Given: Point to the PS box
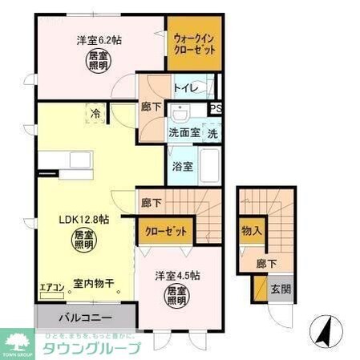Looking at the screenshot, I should (215, 110).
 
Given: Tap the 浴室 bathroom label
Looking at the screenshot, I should (182, 167).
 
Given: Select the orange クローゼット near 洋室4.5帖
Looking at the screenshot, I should (166, 232).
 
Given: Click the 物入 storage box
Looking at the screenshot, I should (251, 231).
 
